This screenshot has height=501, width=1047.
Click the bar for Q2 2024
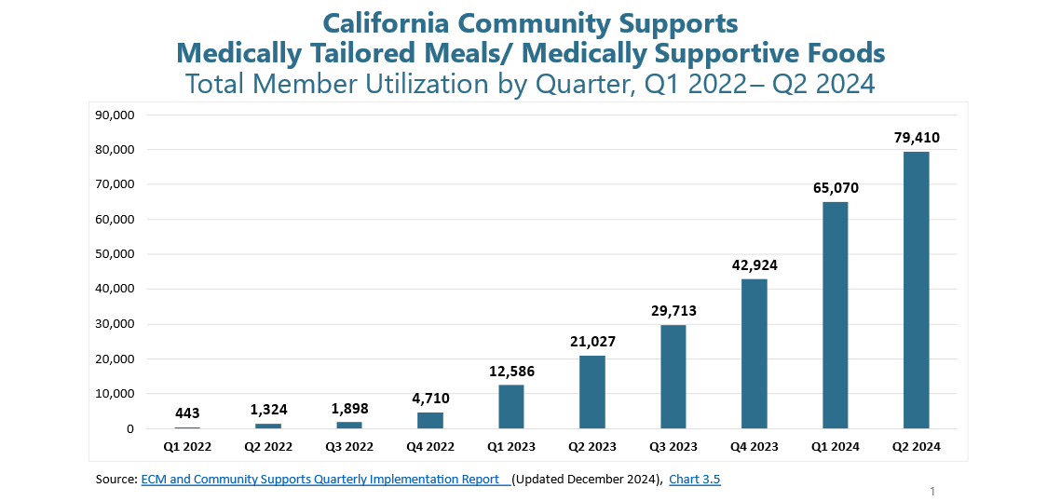(x=916, y=290)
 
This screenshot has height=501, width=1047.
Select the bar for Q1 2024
(x=835, y=315)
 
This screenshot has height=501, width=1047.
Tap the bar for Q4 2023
(x=754, y=354)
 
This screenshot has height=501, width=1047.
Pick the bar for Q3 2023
(x=673, y=376)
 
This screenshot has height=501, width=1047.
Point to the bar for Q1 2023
(x=511, y=406)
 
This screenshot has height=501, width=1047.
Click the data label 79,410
(x=916, y=138)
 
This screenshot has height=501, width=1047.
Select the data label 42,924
(x=754, y=265)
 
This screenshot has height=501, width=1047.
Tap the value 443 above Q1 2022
(x=187, y=413)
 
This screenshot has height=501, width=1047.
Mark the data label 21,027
(x=592, y=342)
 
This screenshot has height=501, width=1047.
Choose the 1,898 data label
(x=349, y=410)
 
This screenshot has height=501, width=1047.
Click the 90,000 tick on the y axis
(x=116, y=115)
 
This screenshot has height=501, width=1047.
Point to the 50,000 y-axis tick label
(x=116, y=254)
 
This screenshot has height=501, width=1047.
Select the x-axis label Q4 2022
(x=430, y=447)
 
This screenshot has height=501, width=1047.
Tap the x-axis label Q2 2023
(x=592, y=447)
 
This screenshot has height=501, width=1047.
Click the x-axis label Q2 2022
(x=268, y=447)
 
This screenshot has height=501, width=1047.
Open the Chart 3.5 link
(x=694, y=480)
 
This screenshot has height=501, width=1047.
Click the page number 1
(x=931, y=491)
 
